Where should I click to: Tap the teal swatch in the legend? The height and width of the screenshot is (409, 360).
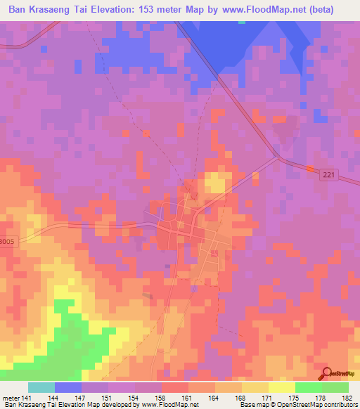41,387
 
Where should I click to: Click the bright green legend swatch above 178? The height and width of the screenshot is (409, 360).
309,387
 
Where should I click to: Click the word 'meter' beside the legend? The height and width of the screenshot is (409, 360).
10,398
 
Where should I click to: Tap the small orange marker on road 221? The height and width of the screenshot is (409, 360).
309,168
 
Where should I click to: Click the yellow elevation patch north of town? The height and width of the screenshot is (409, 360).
215,185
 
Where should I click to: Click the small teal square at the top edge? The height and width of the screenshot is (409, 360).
243,22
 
